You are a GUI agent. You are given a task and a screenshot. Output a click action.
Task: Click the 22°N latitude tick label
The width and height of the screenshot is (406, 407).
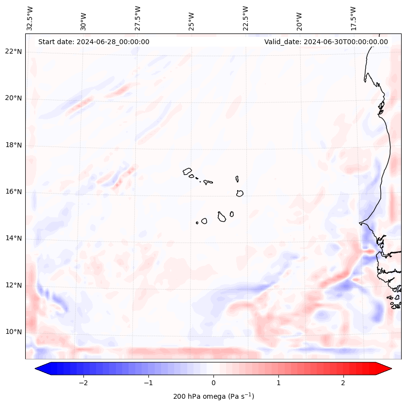click(x=14, y=51)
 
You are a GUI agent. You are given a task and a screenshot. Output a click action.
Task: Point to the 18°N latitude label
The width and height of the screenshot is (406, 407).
click(x=14, y=145)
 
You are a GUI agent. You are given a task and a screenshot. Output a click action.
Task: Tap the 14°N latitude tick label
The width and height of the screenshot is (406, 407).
click(x=14, y=238)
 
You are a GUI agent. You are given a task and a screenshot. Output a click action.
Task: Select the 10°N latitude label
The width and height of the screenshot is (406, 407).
click(x=14, y=332)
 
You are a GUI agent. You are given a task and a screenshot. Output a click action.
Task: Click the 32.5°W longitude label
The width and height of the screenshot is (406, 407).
click(x=30, y=18)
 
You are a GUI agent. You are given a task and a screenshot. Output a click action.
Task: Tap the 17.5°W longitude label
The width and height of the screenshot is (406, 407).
click(x=353, y=18)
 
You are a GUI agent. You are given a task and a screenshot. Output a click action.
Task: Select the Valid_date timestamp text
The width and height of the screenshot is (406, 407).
click(x=326, y=42)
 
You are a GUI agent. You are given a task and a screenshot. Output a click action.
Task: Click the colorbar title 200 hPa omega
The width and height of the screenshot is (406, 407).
click(x=213, y=396)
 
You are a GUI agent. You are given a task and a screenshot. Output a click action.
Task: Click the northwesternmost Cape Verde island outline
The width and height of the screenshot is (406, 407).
click(x=187, y=171)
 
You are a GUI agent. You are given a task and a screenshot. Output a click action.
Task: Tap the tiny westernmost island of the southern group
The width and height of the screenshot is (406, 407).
click(x=197, y=223)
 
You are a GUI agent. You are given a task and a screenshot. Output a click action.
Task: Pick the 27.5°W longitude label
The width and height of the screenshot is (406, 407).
click(x=138, y=18)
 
